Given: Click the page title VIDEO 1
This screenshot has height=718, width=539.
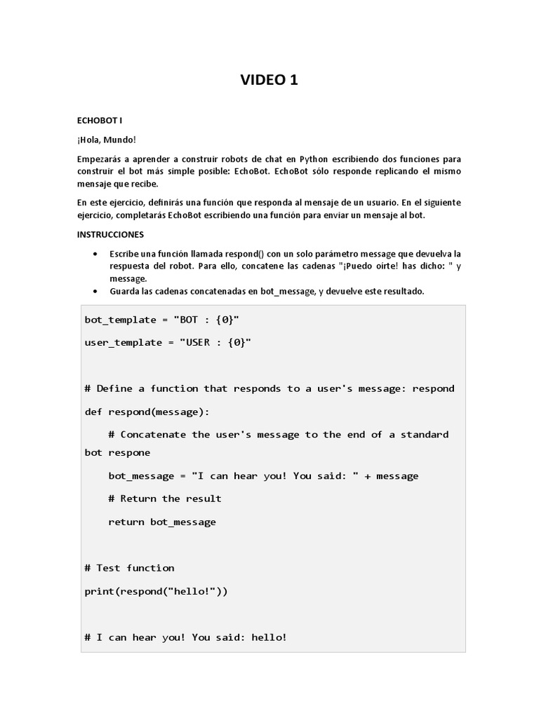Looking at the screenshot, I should click(269, 80).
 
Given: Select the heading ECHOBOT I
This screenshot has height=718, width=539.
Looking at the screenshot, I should click(100, 121).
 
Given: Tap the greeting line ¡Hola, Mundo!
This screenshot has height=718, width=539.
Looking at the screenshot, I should click(107, 140).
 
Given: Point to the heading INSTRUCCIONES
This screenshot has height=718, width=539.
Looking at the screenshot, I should click(112, 234).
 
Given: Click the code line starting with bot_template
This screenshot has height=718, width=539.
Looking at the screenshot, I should click(162, 320).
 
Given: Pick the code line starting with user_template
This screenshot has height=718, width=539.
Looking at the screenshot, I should click(168, 342).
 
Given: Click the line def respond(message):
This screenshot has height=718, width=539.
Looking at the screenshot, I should click(147, 411).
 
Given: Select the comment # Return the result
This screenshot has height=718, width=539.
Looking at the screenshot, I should click(165, 499).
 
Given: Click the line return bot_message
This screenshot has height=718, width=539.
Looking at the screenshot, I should click(162, 522).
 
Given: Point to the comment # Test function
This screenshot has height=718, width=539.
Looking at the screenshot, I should click(129, 567).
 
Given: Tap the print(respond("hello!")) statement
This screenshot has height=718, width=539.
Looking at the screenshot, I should click(156, 591).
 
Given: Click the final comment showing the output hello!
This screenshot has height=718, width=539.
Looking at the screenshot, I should click(185, 637).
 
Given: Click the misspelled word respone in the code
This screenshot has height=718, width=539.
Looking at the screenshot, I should click(129, 452).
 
